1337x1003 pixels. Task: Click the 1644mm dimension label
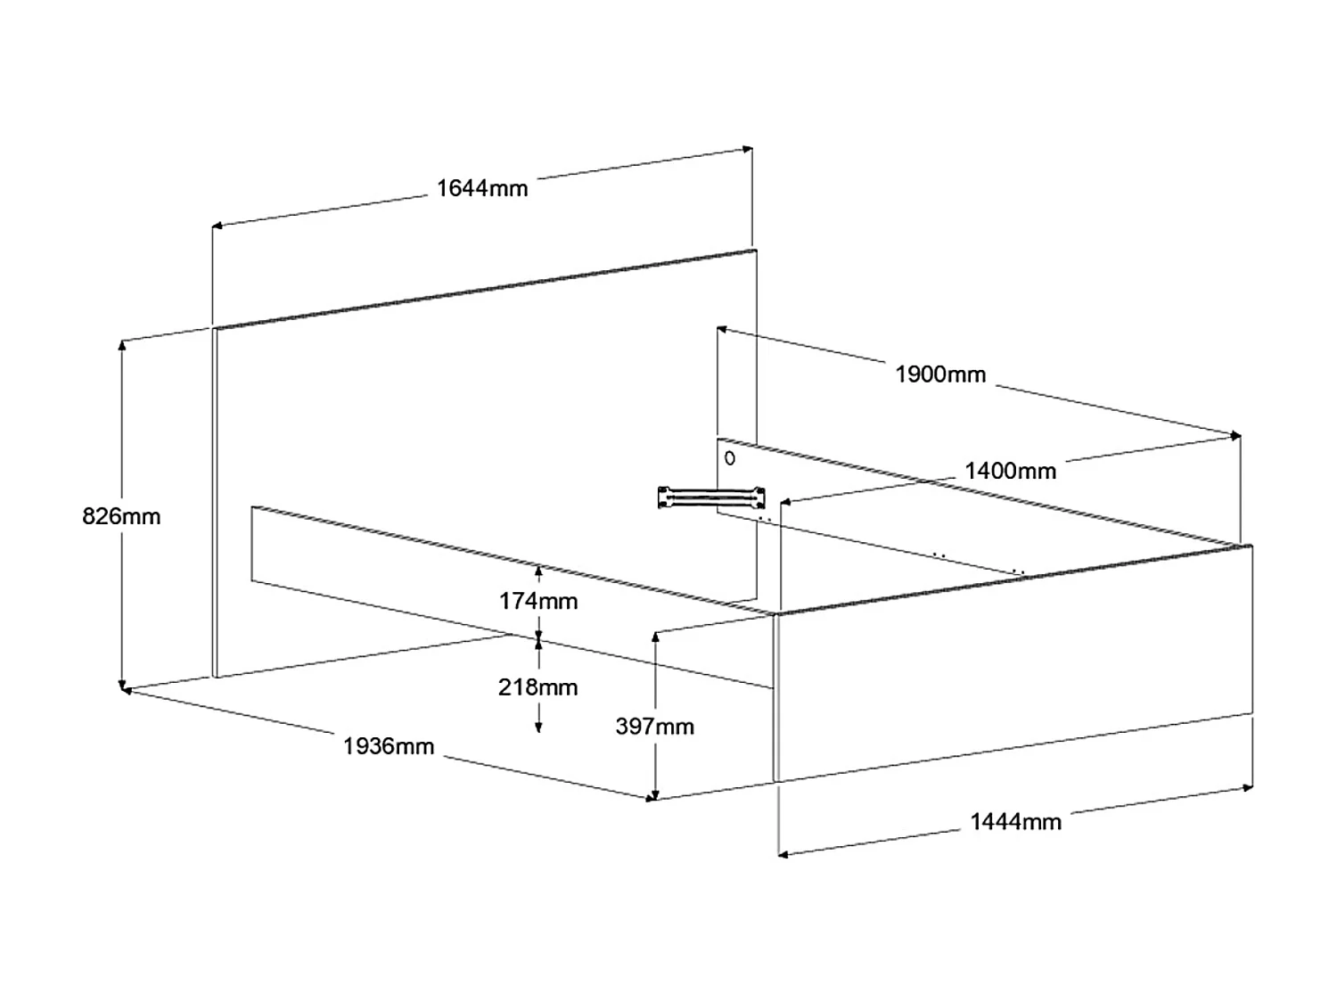482,188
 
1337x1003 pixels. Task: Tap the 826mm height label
121,516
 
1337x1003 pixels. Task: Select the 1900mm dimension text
939,374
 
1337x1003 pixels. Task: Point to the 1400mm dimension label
1011,471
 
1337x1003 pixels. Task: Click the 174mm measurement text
538,601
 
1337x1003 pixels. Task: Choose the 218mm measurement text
537,686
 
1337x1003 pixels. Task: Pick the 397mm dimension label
655,726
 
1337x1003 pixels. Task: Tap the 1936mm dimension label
389,746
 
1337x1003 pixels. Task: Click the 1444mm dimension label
1015,821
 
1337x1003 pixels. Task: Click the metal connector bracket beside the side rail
711,497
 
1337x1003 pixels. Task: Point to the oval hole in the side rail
729,458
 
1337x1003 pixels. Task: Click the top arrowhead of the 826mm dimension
122,346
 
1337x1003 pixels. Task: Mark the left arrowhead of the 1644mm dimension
217,226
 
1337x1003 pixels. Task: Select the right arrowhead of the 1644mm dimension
747,149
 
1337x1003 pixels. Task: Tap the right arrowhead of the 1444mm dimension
1247,787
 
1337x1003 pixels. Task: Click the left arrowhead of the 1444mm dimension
784,855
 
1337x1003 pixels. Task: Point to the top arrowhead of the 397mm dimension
655,637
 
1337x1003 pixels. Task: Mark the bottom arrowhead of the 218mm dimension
538,727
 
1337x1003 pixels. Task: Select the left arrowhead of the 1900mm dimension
722,330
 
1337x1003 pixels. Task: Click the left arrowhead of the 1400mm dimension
786,502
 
